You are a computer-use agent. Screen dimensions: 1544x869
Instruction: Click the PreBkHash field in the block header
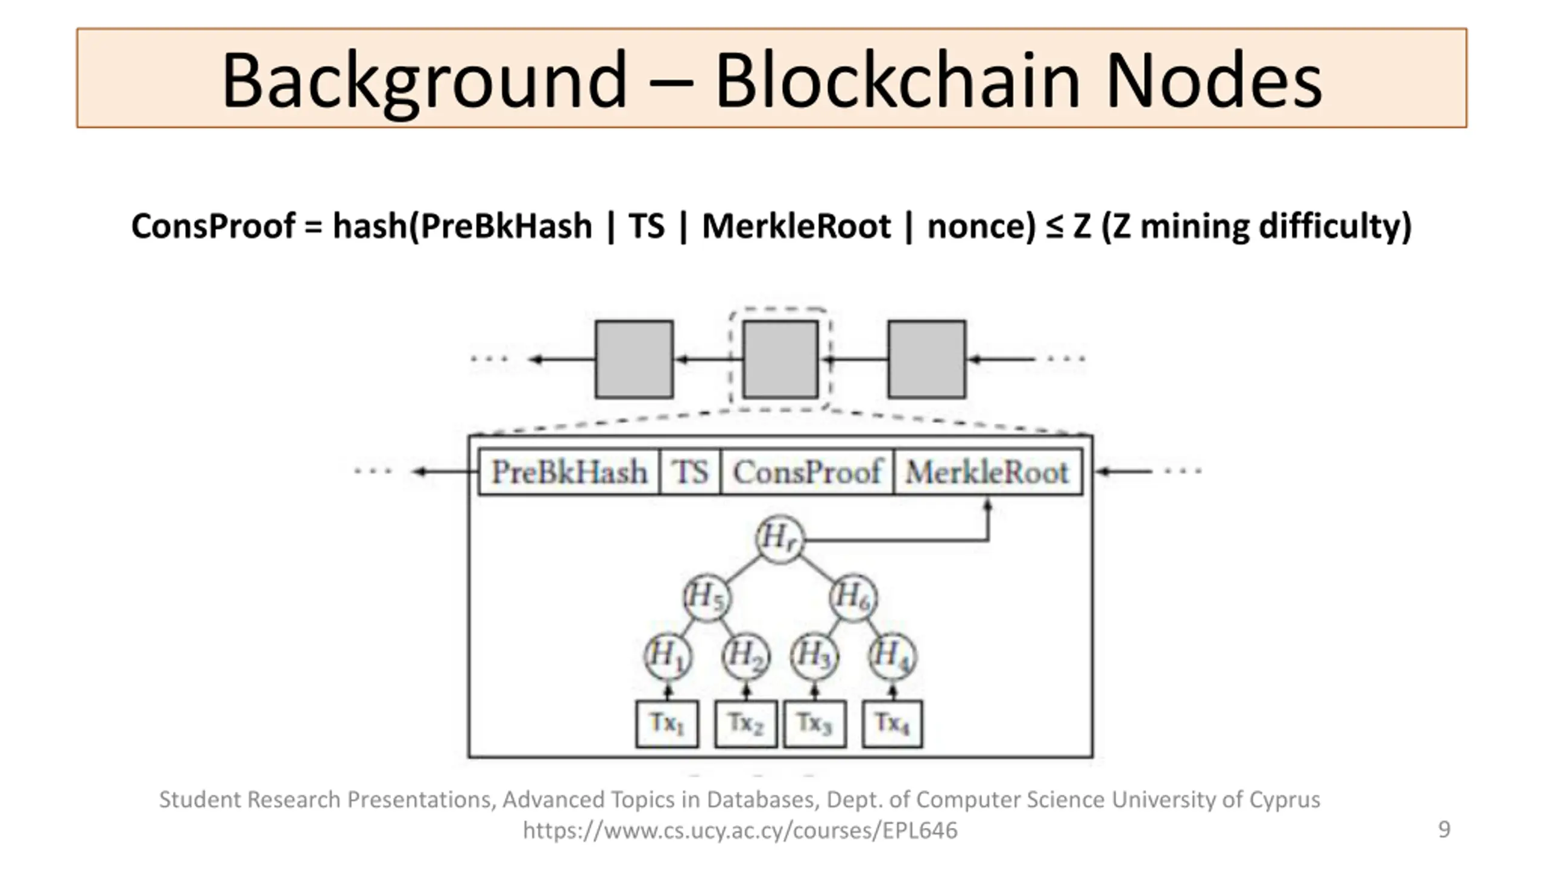[569, 472]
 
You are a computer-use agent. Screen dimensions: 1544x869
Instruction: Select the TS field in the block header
[690, 472]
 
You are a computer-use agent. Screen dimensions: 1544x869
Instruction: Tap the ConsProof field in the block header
[807, 472]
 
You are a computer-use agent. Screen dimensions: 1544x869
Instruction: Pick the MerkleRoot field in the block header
[988, 472]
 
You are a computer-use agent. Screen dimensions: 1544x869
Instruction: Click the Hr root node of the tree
[779, 539]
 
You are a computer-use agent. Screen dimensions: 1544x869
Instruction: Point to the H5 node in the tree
[707, 597]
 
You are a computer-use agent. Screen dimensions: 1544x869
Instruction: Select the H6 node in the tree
[853, 597]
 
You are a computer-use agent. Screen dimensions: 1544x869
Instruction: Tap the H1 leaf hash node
[668, 656]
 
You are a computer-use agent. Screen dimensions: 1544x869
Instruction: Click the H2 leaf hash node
[746, 656]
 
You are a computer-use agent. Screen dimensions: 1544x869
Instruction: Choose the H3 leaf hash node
[814, 656]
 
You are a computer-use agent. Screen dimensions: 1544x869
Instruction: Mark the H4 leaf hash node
[893, 656]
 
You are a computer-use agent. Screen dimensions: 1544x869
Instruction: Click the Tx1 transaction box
[667, 724]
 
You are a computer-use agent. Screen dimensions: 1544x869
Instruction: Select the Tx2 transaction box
[745, 724]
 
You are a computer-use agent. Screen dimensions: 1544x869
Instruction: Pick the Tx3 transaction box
[815, 724]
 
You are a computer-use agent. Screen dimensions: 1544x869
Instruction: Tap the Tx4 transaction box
[893, 724]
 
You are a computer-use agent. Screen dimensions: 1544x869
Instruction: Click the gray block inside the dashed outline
[780, 360]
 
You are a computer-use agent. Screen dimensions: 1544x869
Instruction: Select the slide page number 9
[1444, 829]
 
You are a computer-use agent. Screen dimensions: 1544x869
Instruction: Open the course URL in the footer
[740, 830]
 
